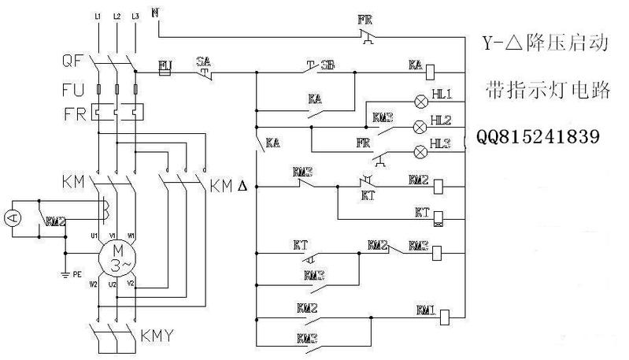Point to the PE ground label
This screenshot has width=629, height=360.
(x=77, y=276)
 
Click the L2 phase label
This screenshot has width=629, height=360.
(x=117, y=16)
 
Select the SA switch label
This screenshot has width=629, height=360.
(x=203, y=61)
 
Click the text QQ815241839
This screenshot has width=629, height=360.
(x=538, y=136)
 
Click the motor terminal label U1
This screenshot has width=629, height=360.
(x=93, y=234)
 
